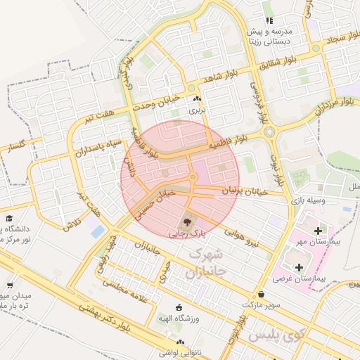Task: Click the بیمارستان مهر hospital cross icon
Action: click(x=319, y=231)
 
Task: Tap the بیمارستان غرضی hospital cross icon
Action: click(x=300, y=267)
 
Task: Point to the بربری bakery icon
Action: click(x=197, y=100)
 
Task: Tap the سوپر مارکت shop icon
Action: click(x=262, y=295)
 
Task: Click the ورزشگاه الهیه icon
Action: click(x=179, y=308)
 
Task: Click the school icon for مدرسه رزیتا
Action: click(x=269, y=21)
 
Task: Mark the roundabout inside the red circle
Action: click(x=193, y=177)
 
